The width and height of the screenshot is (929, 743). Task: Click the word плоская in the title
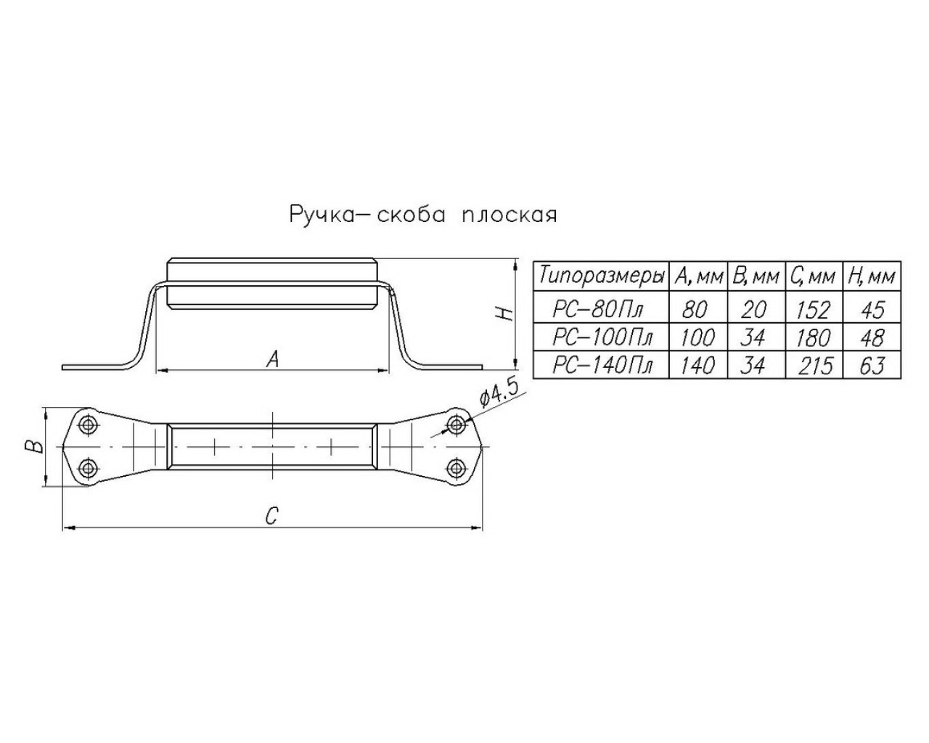[509, 215]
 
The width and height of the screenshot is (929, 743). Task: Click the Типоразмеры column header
[602, 276]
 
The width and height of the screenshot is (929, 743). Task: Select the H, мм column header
[872, 276]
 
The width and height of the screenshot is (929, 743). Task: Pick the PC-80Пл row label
[597, 309]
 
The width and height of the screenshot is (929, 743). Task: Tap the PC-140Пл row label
[602, 365]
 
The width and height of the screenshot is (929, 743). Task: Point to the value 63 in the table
[872, 365]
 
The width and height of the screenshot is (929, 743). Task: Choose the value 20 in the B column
[754, 310]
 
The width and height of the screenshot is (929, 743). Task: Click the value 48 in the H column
[872, 337]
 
